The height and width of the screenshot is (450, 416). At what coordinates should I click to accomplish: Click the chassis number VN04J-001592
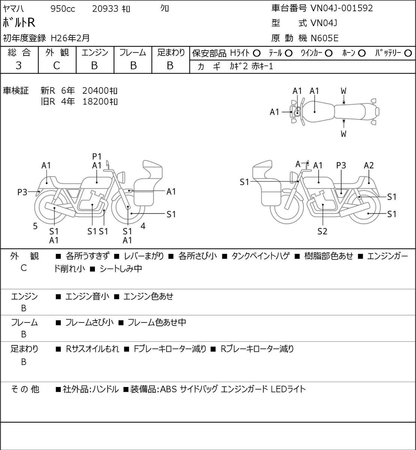coord(341,8)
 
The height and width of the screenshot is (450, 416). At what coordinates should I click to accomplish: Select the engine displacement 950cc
coord(63,9)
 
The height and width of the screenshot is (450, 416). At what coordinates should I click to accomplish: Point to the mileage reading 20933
coord(105,9)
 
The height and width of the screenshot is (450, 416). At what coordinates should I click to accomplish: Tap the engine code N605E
coord(324,38)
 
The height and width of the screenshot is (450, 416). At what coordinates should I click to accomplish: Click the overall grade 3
coord(19,66)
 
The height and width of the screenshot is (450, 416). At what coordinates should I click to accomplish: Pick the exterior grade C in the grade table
coord(56,66)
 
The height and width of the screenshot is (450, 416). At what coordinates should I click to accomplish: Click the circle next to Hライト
coord(257,54)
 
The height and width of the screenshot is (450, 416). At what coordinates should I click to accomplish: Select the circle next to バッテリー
coord(408,53)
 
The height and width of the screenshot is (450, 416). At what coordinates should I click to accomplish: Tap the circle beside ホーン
coord(362,53)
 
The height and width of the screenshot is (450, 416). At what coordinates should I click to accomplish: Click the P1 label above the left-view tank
coord(97,156)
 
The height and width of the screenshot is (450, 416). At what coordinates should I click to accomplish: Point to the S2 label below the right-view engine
coord(322,231)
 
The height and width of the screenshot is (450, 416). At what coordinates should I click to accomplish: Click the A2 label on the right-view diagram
coord(369,165)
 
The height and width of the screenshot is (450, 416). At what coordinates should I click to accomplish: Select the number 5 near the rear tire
coord(35,226)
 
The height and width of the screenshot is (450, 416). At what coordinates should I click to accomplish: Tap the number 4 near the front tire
coord(143,226)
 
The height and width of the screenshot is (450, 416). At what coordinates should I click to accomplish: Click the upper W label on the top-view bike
coord(344,91)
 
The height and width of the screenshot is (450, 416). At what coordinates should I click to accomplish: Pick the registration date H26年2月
coord(70,38)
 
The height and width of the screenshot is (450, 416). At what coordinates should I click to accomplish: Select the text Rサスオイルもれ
coord(92,349)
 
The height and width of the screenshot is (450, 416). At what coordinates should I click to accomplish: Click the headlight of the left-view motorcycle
coord(121,177)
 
